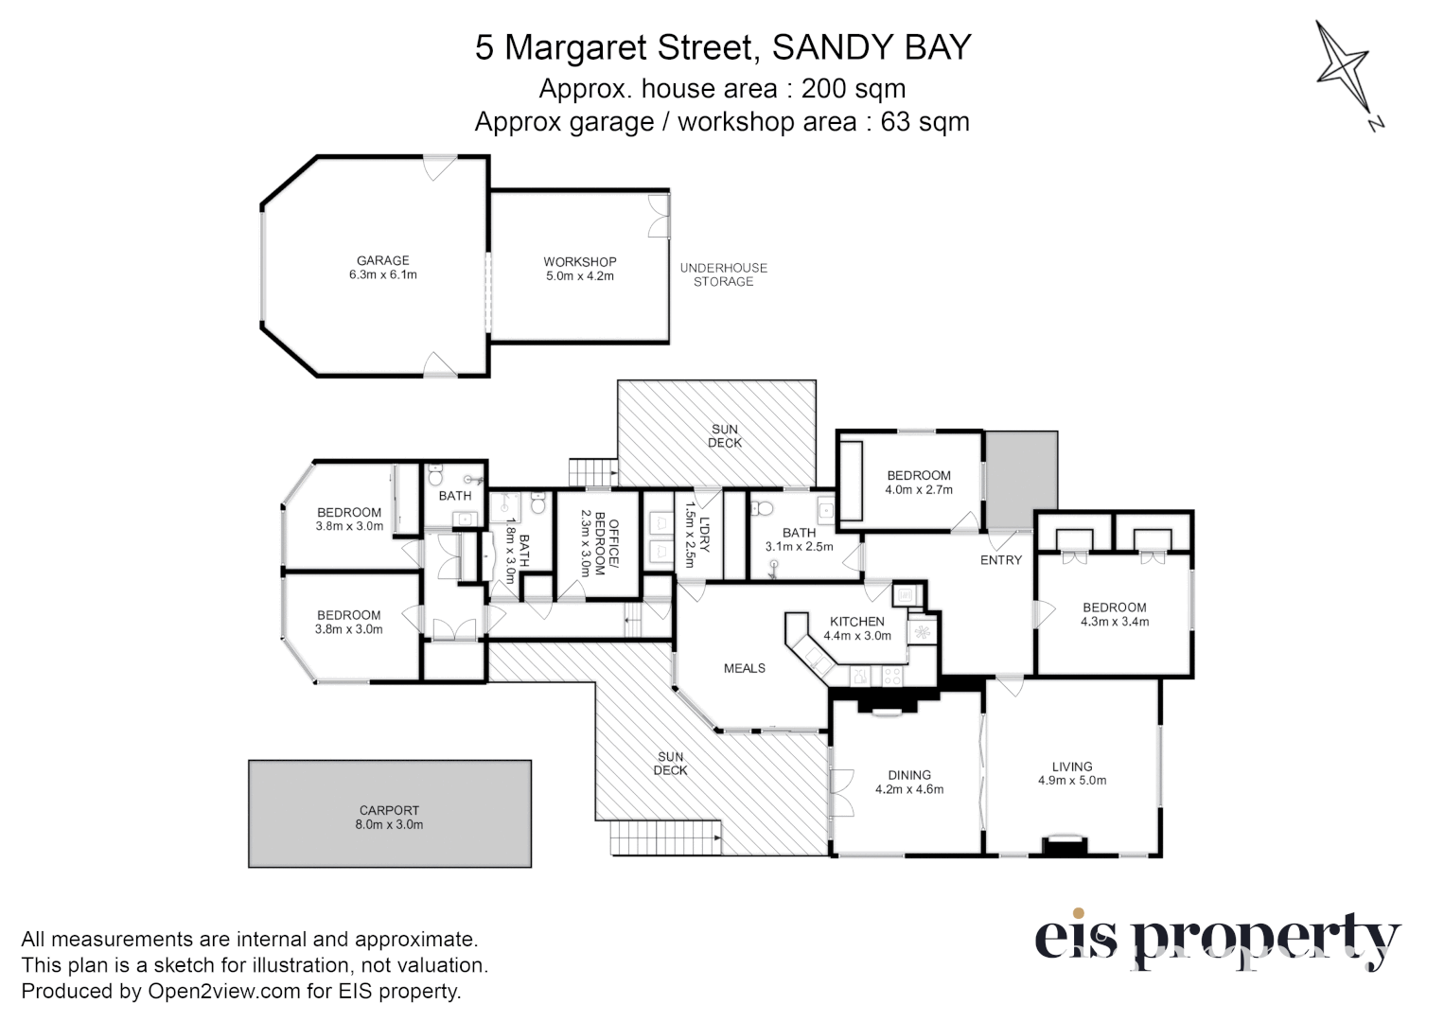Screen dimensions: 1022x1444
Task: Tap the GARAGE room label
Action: (382, 268)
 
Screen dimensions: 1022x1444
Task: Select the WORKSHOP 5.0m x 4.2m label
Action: (579, 269)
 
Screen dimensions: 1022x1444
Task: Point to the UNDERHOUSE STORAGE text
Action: (723, 274)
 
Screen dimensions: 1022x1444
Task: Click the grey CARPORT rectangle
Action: (389, 814)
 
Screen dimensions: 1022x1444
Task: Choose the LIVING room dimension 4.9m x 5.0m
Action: (1071, 781)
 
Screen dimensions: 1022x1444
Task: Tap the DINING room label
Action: (908, 775)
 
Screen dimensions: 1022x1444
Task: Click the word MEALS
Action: (744, 668)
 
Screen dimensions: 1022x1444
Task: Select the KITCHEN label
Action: (856, 622)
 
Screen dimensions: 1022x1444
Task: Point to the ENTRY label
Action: (1000, 560)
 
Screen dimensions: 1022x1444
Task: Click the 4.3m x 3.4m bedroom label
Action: (1114, 615)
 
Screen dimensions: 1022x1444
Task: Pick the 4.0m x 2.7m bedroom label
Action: (918, 483)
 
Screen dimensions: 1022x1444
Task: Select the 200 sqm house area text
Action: (853, 88)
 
